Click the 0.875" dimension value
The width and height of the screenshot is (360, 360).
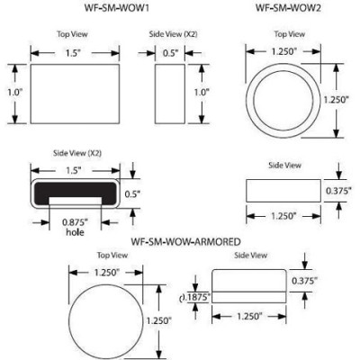[74, 222]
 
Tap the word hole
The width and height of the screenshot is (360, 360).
[74, 232]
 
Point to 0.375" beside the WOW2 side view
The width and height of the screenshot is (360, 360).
[339, 192]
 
